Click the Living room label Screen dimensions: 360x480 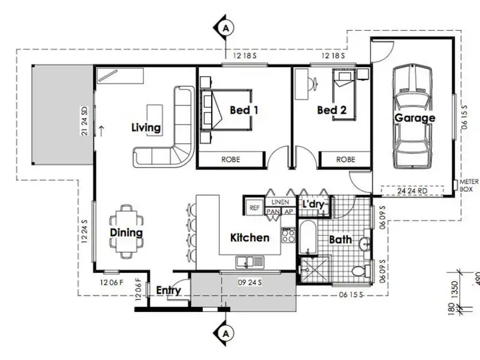pos(146,128)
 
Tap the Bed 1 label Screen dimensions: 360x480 pos(244,110)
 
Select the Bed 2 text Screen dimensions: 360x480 pos(332,110)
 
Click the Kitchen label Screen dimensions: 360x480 pos(250,238)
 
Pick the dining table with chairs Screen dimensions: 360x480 pos(127,231)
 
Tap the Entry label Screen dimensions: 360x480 pos(168,291)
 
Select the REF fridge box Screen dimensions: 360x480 pos(254,208)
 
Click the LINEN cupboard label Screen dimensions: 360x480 pos(280,202)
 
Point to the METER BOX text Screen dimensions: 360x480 pos(469,185)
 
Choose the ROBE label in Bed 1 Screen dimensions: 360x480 pos(230,159)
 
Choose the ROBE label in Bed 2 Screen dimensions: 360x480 pos(346,159)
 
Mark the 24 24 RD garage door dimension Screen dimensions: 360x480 pos(413,191)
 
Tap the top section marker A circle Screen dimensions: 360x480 pos(225,27)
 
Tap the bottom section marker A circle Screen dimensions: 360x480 pos(225,334)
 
